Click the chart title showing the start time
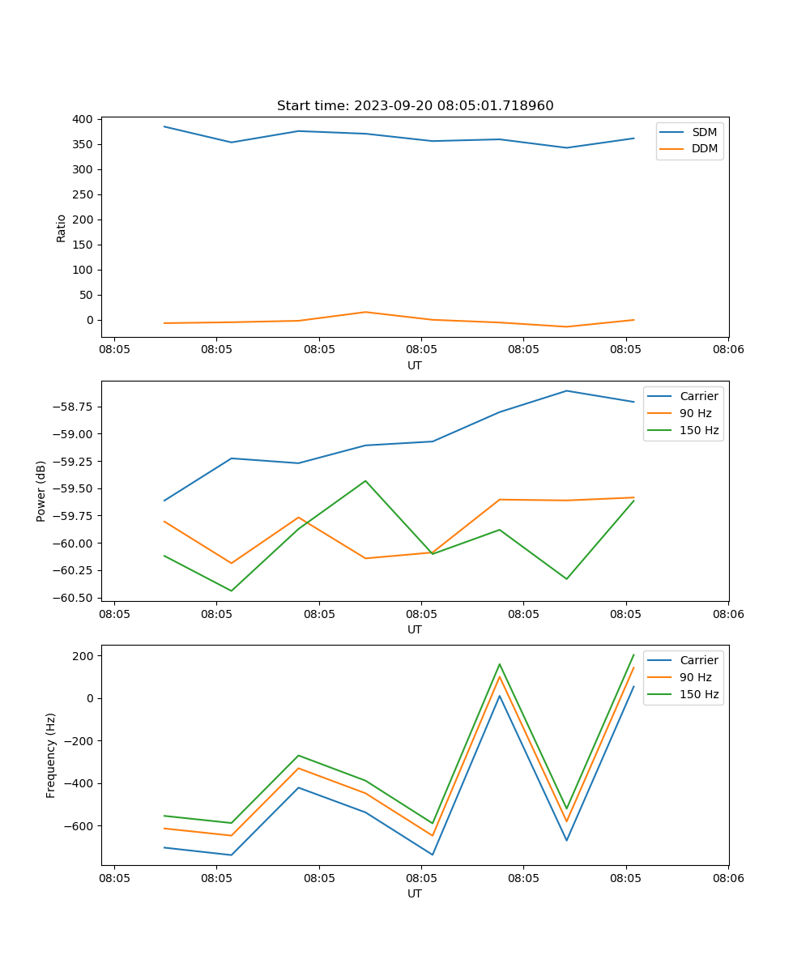pos(415,106)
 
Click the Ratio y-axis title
pos(62,228)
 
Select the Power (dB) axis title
pos(41,491)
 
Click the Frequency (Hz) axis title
pos(51,755)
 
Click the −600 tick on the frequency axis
pos(81,826)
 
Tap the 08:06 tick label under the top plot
pos(728,350)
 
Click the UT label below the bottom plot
pos(415,893)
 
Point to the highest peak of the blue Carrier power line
pos(566,390)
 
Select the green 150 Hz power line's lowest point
pos(232,590)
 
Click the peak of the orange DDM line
pos(365,312)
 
